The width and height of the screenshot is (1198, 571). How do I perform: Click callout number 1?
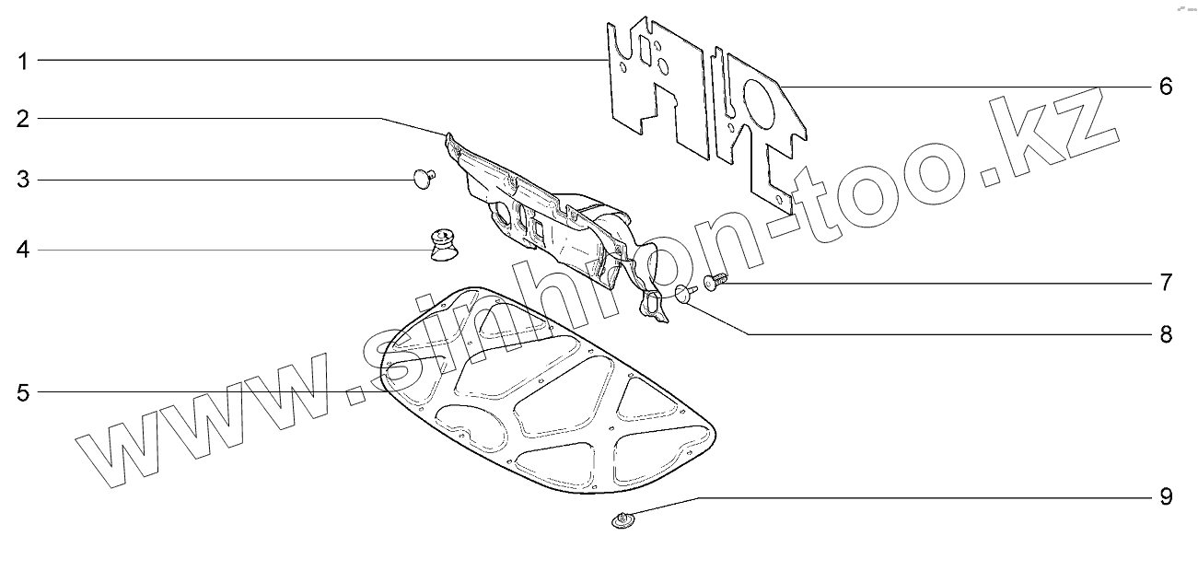[x=22, y=62]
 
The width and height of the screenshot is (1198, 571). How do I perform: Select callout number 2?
[x=22, y=119]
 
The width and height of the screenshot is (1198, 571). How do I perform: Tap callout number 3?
[x=22, y=180]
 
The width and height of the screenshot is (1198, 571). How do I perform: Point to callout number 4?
[x=22, y=250]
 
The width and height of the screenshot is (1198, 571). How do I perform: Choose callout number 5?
[x=22, y=393]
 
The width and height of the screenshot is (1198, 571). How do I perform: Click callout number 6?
[x=1165, y=87]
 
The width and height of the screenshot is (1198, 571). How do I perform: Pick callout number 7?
[x=1165, y=282]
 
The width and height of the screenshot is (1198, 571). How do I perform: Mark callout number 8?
[x=1165, y=333]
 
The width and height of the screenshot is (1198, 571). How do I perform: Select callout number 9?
[x=1165, y=497]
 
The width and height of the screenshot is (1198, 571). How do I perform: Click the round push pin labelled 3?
[x=425, y=176]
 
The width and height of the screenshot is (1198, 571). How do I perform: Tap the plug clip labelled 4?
[x=445, y=245]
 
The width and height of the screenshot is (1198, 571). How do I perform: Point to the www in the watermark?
[x=203, y=424]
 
